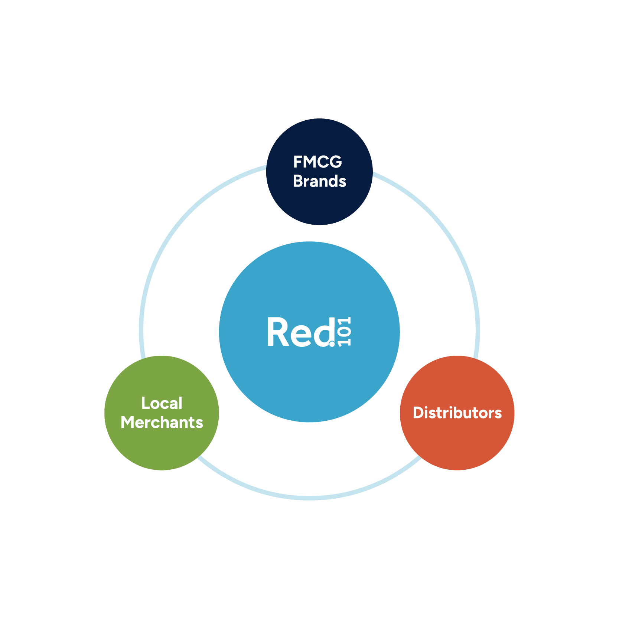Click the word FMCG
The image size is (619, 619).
[x=317, y=162]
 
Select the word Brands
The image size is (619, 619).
[x=320, y=181]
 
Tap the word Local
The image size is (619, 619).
[x=162, y=403]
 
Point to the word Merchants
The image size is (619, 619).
[x=162, y=423]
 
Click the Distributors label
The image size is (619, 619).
[x=457, y=413]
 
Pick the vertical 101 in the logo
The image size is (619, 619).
[x=345, y=331]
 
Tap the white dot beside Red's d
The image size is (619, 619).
[x=332, y=344]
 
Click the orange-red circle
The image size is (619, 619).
[x=457, y=442]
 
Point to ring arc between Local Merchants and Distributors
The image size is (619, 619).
[x=309, y=498]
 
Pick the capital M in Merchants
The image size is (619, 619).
[x=128, y=423]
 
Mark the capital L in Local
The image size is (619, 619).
[x=145, y=403]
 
